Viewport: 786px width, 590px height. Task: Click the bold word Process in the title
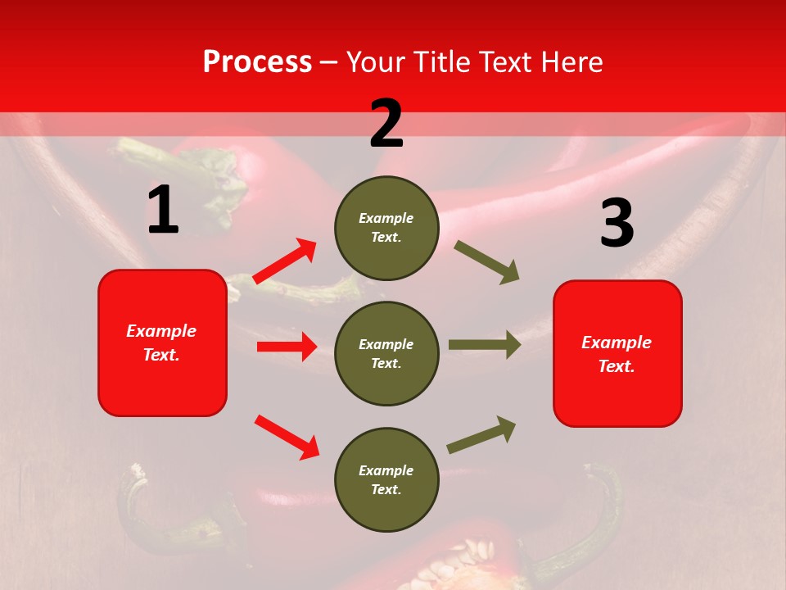coord(257,62)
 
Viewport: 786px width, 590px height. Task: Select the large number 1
coord(163,211)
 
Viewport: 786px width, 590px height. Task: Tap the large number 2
coord(386,124)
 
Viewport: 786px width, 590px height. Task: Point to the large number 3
coord(617,224)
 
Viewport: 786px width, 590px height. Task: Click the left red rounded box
coord(162,343)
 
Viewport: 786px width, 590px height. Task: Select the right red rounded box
coord(617,353)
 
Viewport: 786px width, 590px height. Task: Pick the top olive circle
coord(386,228)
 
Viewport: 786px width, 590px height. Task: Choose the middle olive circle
coord(386,353)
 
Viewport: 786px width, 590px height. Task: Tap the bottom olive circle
coord(386,479)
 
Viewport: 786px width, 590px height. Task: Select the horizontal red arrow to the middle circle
coord(287,347)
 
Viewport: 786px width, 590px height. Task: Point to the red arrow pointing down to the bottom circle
coord(287,437)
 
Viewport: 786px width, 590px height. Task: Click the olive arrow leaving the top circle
coord(487,262)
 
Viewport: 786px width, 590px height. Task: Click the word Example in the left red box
coord(161,331)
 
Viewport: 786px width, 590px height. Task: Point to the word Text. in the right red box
coord(617,366)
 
